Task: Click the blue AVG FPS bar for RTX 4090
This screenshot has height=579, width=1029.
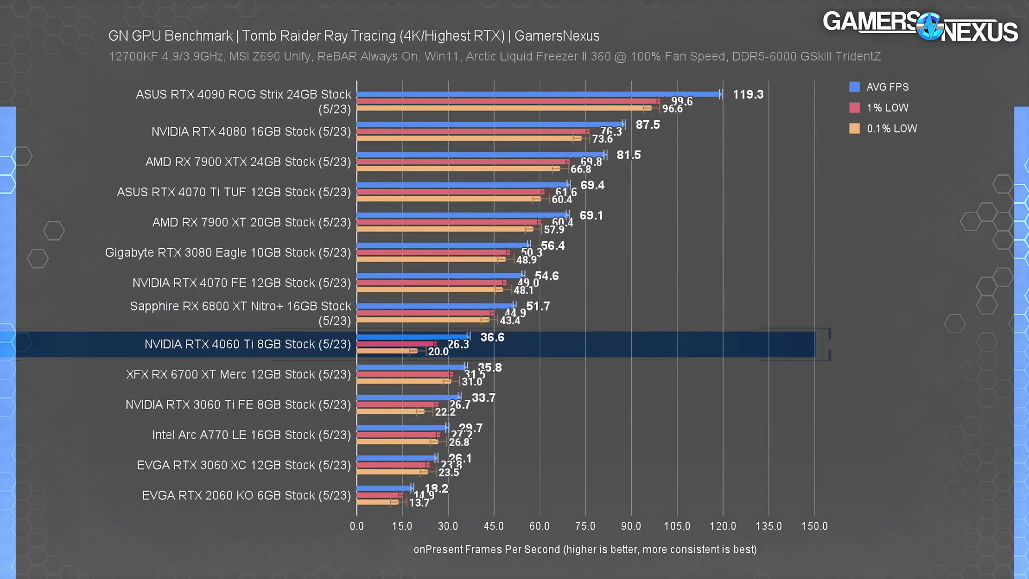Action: pos(539,94)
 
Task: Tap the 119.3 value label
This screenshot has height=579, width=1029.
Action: pos(748,95)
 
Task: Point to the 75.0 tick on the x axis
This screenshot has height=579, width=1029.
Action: pos(585,526)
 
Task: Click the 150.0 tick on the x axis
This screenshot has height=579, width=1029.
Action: pos(814,526)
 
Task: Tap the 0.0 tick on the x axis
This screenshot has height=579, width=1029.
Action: pos(356,526)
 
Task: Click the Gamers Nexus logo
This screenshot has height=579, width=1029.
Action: pos(920,26)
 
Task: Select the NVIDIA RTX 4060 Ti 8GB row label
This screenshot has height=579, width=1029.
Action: pos(248,344)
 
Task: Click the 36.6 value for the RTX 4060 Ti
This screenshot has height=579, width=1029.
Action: pos(492,337)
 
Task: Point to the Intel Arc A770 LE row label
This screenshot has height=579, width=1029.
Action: pos(251,435)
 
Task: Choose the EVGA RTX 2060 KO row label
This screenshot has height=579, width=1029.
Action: pos(247,495)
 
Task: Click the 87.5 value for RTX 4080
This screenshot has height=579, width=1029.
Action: pos(647,125)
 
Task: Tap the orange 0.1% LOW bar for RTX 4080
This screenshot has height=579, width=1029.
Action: pos(466,138)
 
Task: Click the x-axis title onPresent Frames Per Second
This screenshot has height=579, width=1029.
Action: pos(585,550)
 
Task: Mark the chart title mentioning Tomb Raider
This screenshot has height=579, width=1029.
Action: pos(354,36)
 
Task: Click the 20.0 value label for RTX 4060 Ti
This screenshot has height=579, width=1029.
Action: pos(438,352)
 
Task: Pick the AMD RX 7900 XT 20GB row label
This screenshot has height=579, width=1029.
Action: pos(251,222)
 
